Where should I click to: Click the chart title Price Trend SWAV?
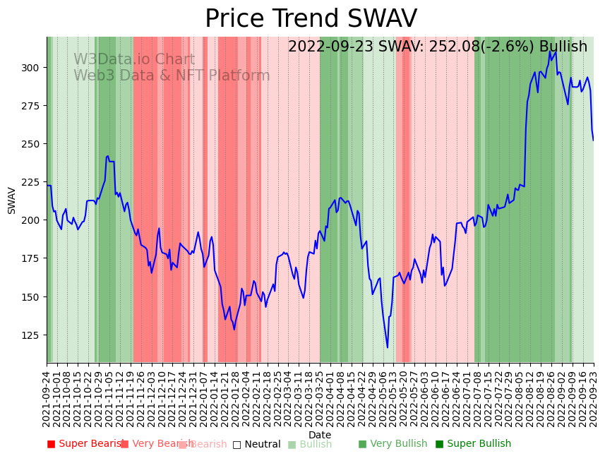(311, 19)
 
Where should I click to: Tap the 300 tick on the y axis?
(32, 68)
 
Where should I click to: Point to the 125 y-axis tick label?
(32, 335)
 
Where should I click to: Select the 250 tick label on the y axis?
(32, 144)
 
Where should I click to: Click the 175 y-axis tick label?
(32, 258)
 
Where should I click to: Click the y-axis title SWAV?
(11, 200)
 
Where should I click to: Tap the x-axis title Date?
(320, 435)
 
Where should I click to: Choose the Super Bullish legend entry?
(473, 444)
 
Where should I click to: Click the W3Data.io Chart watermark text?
(134, 59)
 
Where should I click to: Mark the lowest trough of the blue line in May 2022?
(388, 347)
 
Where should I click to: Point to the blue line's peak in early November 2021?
(107, 156)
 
